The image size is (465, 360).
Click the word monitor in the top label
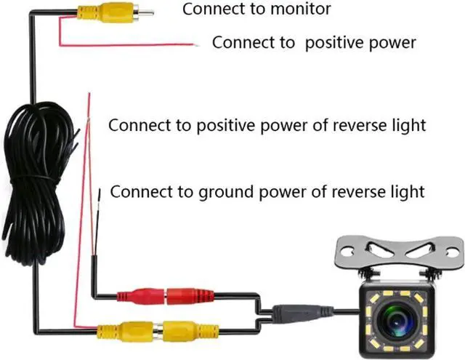click(x=280, y=9)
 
